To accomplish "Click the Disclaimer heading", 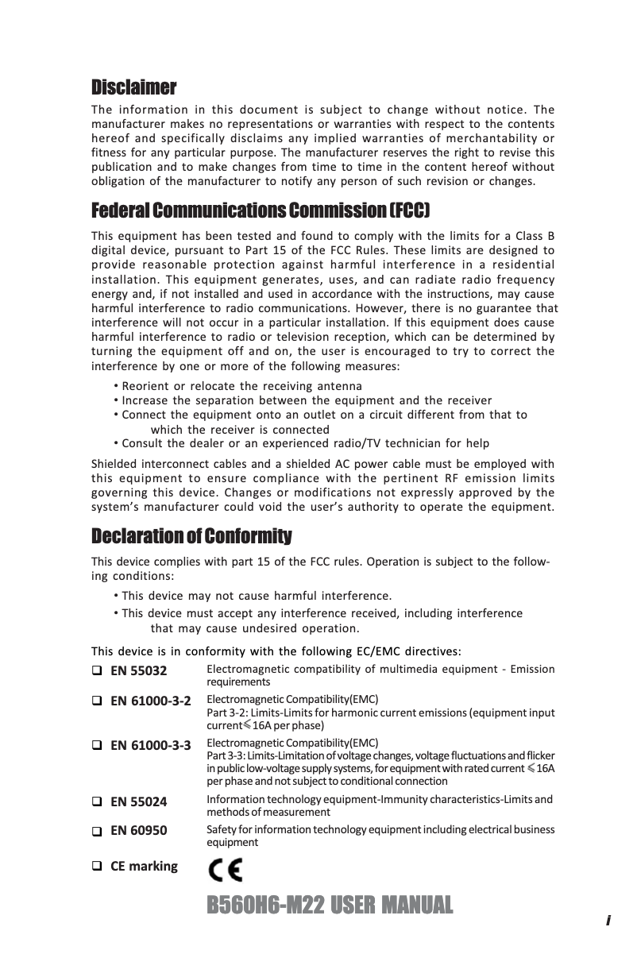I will (133, 87).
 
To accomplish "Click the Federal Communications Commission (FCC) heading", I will (261, 211).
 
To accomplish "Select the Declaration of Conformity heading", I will (191, 536).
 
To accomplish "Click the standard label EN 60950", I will (138, 831).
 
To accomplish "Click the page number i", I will (608, 921).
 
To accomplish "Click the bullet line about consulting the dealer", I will (305, 443).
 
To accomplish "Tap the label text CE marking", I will (144, 866).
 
